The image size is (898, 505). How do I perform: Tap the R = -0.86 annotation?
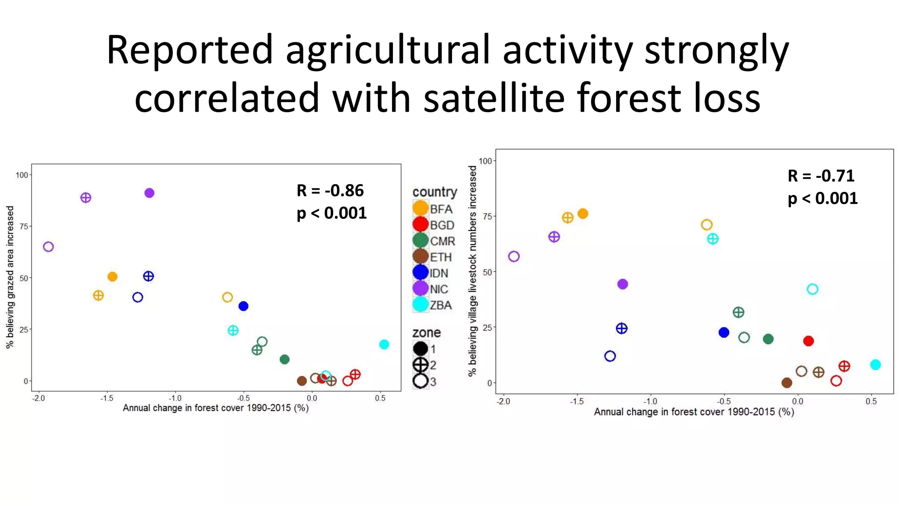(330, 191)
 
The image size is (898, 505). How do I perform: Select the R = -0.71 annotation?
(821, 176)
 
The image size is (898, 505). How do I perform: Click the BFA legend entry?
(433, 209)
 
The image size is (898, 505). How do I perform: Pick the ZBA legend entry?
(433, 305)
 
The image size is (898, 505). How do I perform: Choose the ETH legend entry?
(433, 257)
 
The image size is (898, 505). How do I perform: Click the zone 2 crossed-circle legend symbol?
(420, 365)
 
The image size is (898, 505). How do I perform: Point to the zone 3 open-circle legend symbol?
(420, 381)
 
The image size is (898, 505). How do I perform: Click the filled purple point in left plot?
(149, 193)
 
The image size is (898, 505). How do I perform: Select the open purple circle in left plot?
(48, 247)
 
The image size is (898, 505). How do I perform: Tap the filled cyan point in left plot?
(384, 345)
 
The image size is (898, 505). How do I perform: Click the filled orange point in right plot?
(583, 214)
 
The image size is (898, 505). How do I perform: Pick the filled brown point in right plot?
(787, 383)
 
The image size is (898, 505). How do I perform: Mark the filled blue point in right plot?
(724, 333)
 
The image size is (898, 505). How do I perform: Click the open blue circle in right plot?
(610, 356)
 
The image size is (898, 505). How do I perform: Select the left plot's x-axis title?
(216, 408)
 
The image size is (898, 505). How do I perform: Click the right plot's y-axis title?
(472, 271)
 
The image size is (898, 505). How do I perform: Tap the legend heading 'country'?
(435, 192)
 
